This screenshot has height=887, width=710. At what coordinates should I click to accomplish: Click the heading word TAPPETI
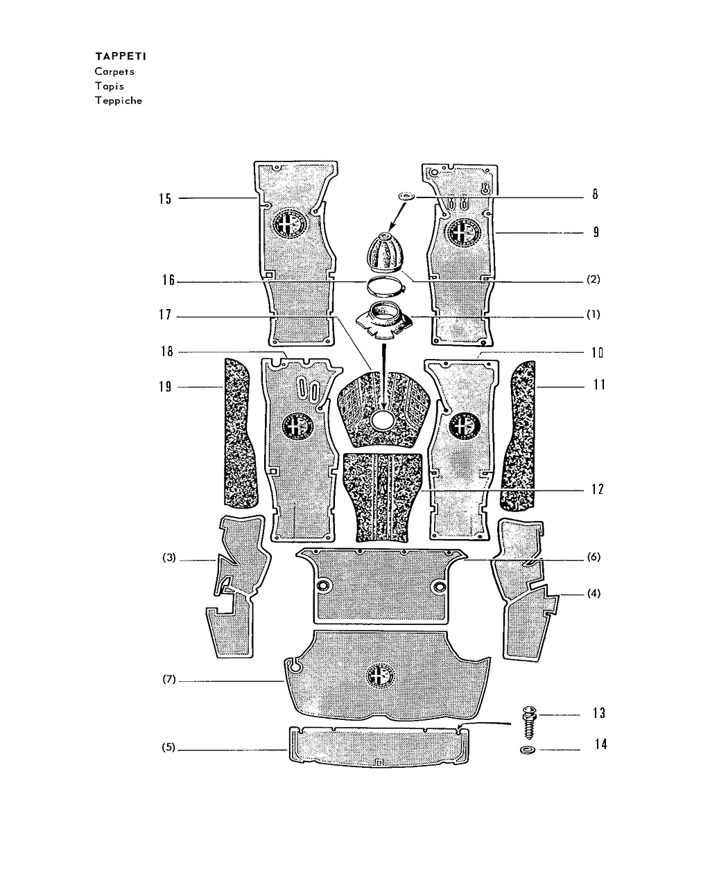pyautogui.click(x=121, y=56)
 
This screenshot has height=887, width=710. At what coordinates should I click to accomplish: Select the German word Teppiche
pyautogui.click(x=119, y=100)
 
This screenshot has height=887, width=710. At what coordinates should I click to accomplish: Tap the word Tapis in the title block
pyautogui.click(x=110, y=86)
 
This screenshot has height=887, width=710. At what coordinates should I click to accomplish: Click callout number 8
pyautogui.click(x=594, y=194)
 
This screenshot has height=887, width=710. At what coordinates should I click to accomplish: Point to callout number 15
pyautogui.click(x=165, y=199)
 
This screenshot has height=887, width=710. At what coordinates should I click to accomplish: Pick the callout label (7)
pyautogui.click(x=169, y=679)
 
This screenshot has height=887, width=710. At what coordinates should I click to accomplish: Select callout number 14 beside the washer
pyautogui.click(x=600, y=744)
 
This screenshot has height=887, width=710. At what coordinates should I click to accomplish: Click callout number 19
pyautogui.click(x=165, y=387)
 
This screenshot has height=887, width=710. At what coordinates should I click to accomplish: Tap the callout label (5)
pyautogui.click(x=168, y=747)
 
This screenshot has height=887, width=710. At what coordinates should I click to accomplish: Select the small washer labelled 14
pyautogui.click(x=527, y=750)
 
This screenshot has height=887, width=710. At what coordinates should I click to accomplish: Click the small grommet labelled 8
pyautogui.click(x=406, y=196)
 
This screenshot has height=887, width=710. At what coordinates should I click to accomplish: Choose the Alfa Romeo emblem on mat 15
pyautogui.click(x=289, y=225)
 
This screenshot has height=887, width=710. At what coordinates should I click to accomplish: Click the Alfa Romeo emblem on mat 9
pyautogui.click(x=465, y=231)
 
